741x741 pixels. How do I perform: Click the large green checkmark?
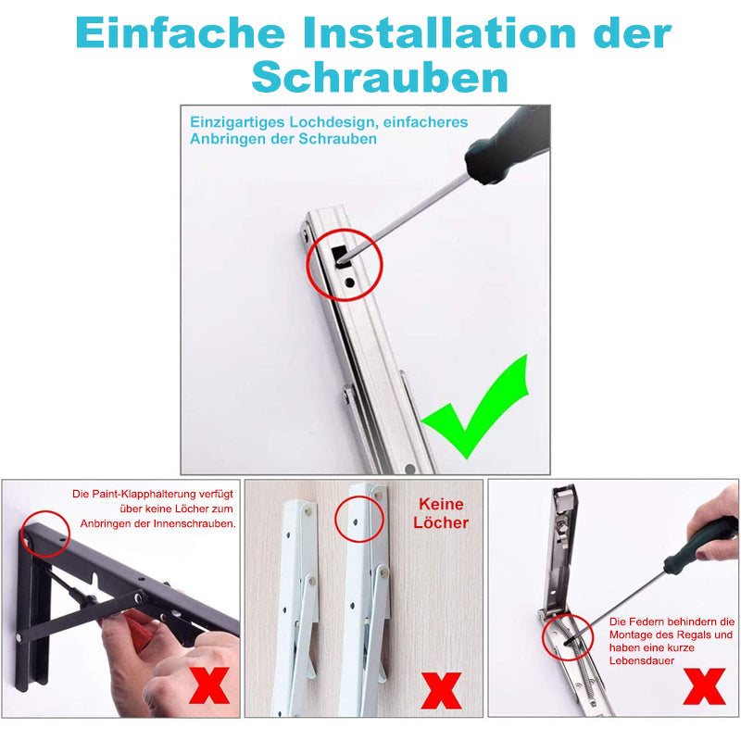click(475, 408)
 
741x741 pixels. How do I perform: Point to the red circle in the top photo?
click(345, 264)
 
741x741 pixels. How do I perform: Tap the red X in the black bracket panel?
click(210, 688)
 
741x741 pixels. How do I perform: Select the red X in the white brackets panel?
click(443, 691)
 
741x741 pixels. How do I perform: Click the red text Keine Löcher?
click(443, 514)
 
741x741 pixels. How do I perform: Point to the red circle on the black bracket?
click(45, 533)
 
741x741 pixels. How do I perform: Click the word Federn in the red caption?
click(653, 622)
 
